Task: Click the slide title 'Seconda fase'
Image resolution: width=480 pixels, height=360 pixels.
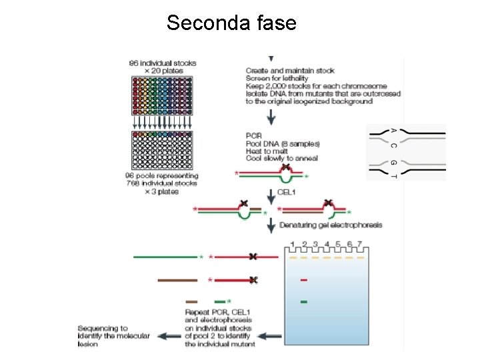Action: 231,23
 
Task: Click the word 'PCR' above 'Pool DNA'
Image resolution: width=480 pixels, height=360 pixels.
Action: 254,136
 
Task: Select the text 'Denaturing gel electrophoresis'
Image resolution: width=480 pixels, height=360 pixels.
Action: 331,225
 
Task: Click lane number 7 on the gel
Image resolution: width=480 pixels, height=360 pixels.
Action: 361,244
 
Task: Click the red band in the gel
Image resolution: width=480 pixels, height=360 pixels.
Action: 304,279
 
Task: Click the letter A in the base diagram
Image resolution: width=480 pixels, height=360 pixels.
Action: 393,131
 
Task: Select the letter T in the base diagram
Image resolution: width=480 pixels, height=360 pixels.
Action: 393,176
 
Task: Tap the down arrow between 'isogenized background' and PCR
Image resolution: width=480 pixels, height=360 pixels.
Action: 271,118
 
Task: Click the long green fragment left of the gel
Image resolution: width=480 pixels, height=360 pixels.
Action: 165,256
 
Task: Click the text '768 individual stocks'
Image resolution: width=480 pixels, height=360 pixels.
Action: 163,183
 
